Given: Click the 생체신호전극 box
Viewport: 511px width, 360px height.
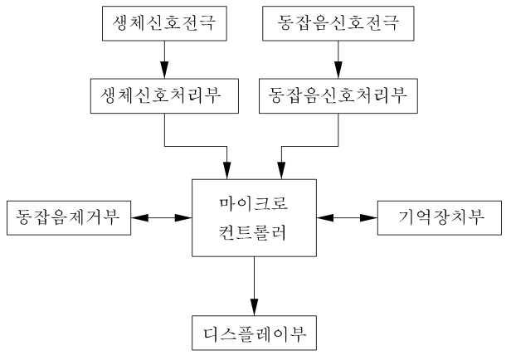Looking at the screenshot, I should click(x=163, y=23).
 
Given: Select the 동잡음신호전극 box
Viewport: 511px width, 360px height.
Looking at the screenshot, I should click(x=337, y=23).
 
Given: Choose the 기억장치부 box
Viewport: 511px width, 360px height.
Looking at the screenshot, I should click(x=440, y=217).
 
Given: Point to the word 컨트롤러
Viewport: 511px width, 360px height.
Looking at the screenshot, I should click(x=255, y=232).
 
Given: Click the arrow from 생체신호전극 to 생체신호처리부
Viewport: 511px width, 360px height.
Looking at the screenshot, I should click(x=163, y=58).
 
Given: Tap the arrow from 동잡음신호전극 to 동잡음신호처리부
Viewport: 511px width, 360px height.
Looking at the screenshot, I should click(x=337, y=58).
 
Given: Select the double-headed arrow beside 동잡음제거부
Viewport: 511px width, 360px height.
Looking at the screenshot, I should click(x=162, y=217).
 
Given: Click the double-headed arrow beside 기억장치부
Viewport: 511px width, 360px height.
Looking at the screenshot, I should click(x=348, y=217).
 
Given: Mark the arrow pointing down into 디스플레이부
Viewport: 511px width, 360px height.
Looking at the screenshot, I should click(x=255, y=286).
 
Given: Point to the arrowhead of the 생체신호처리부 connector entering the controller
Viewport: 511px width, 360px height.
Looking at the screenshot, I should click(x=229, y=171).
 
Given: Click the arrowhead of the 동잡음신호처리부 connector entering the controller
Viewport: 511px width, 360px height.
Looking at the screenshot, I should click(x=282, y=171).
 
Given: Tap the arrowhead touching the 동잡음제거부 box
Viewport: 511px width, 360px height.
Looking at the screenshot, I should click(x=139, y=217).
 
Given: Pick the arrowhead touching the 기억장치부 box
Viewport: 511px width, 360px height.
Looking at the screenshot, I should click(x=371, y=217).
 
